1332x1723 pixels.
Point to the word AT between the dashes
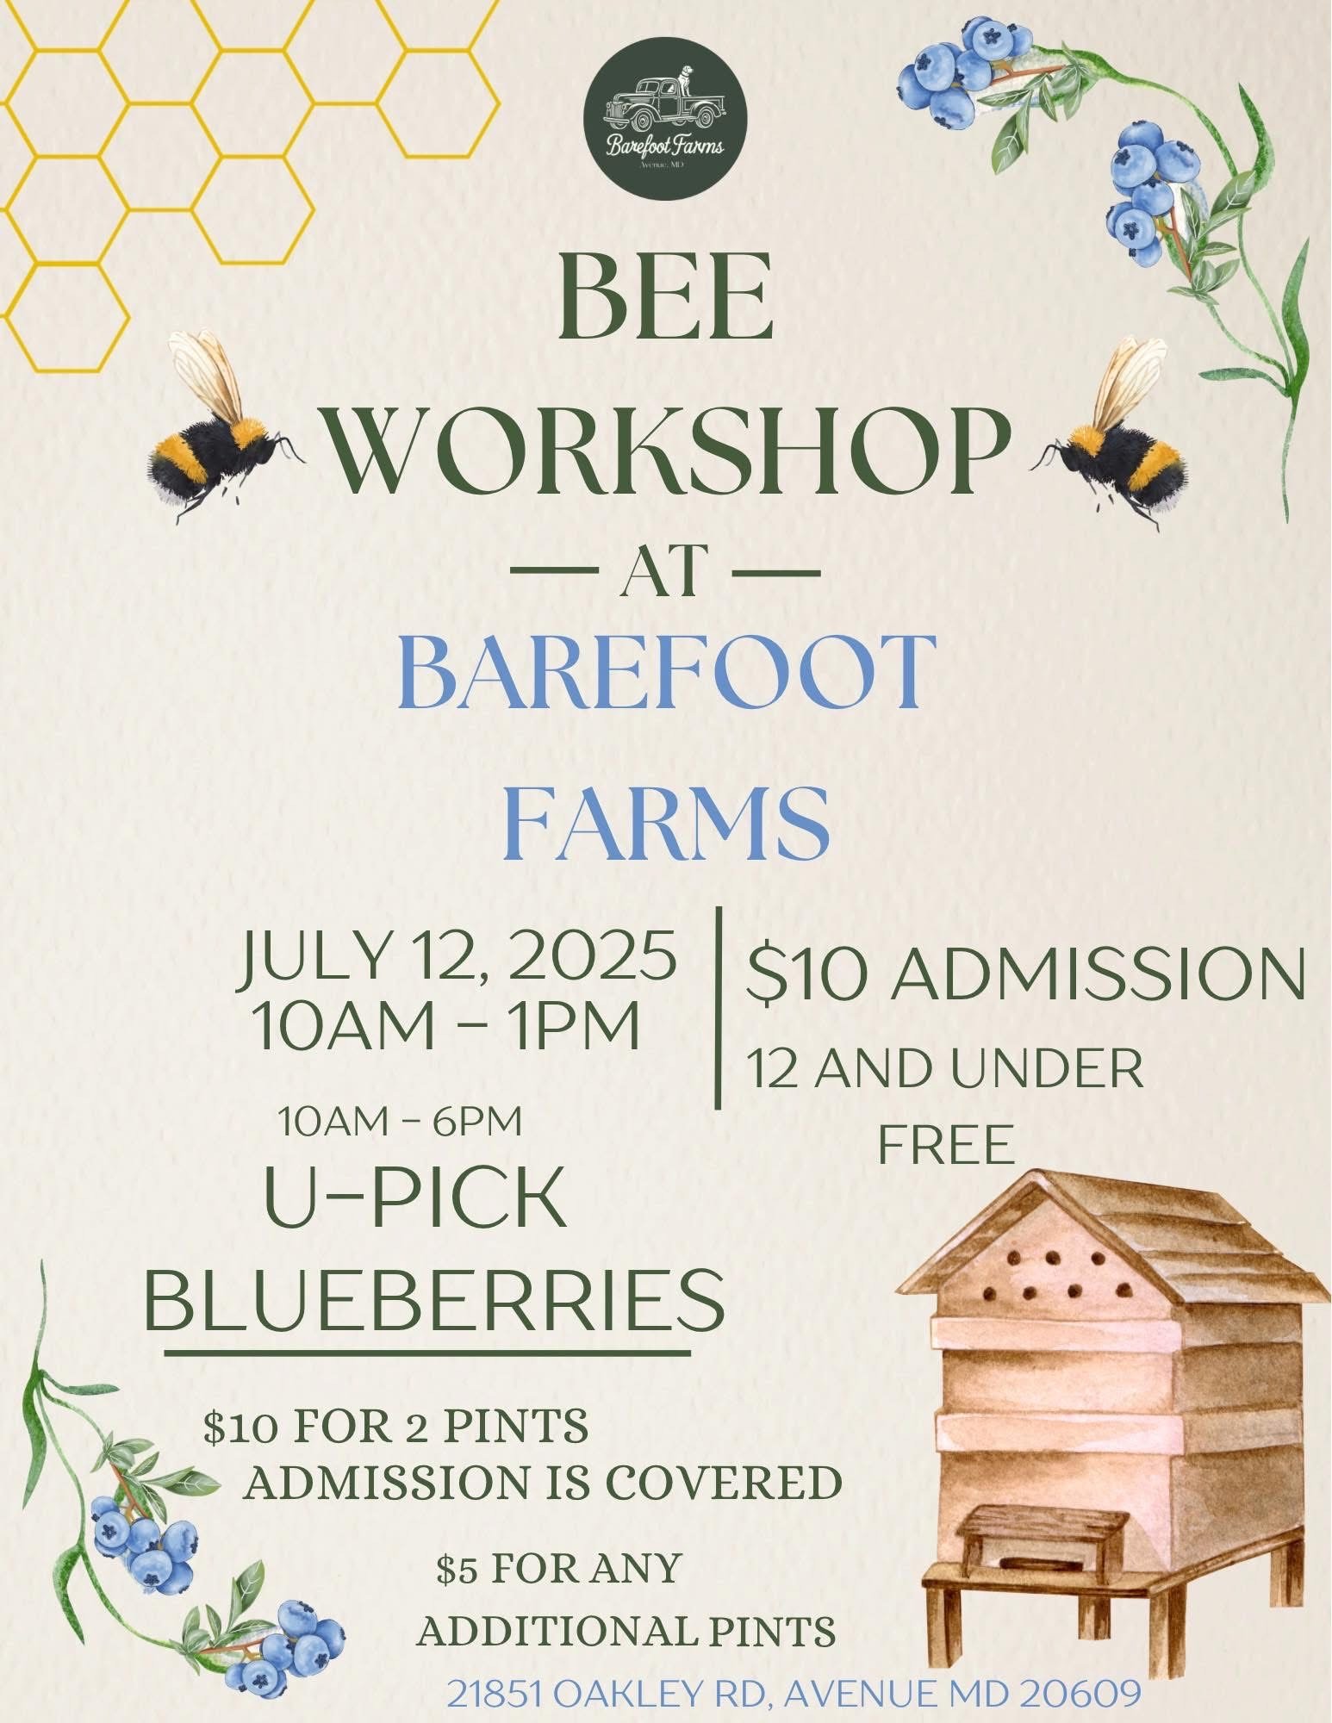click(x=665, y=572)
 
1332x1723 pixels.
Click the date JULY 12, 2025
click(x=457, y=957)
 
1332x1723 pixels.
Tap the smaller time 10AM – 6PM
click(x=400, y=1122)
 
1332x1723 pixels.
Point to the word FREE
click(x=945, y=1145)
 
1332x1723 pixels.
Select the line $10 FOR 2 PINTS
click(x=396, y=1427)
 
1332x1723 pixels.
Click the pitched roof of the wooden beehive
click(x=1111, y=1241)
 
